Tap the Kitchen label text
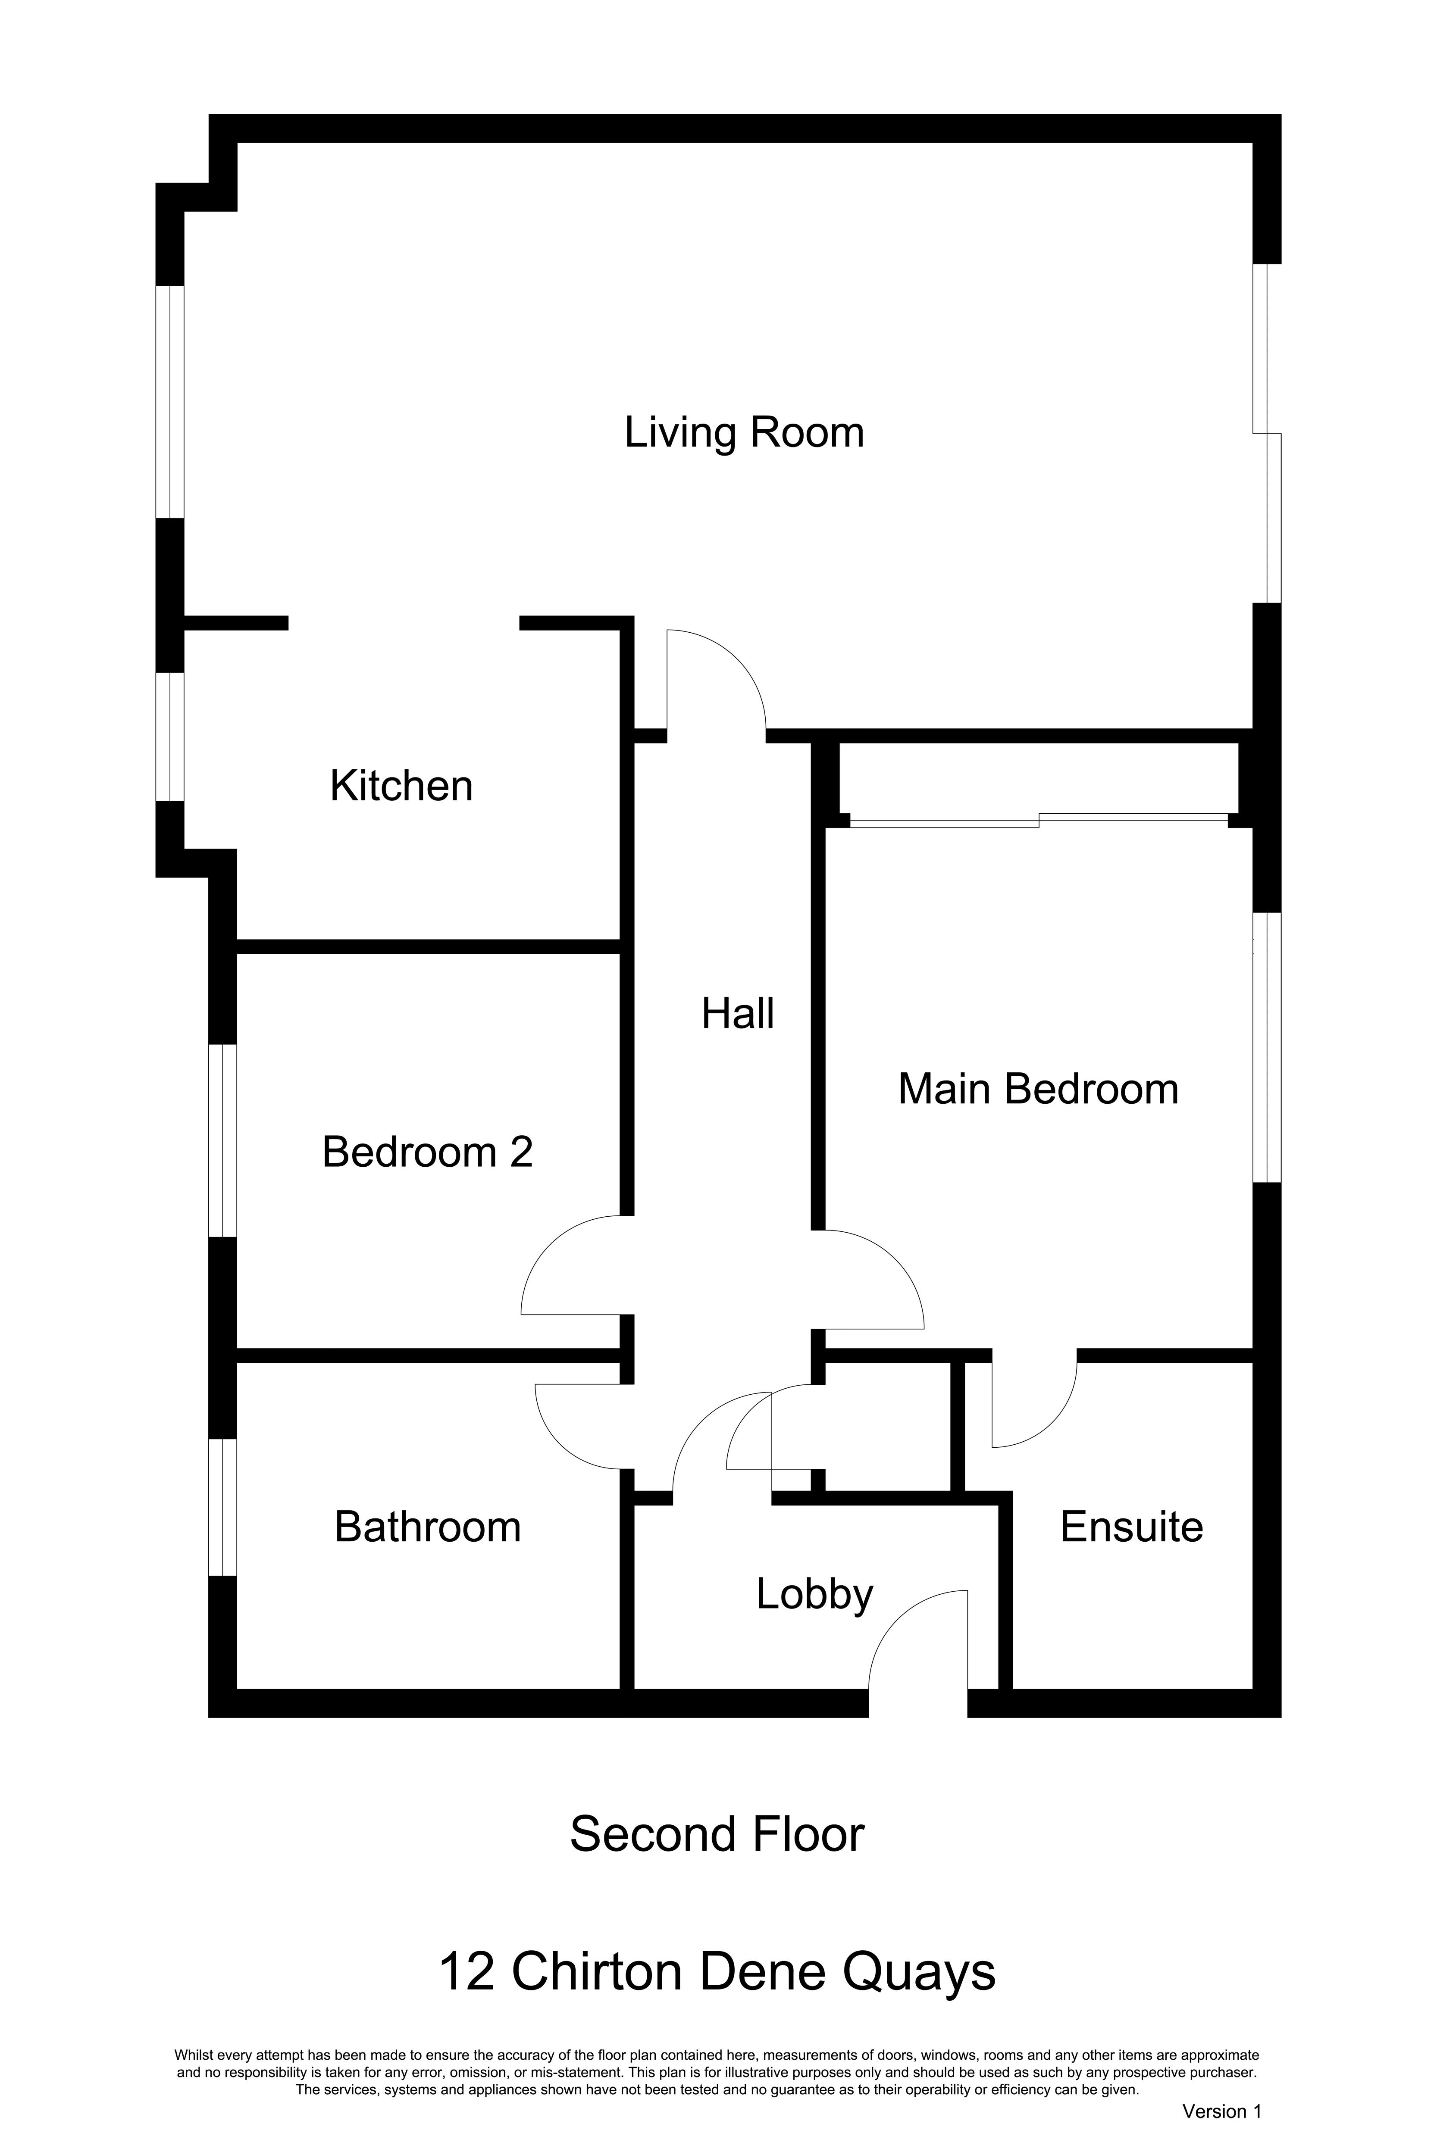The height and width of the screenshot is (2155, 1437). (x=401, y=786)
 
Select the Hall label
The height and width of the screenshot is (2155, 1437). (x=738, y=1013)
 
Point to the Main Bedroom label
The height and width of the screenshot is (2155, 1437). (x=1037, y=1090)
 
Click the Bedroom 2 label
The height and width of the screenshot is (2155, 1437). (x=427, y=1152)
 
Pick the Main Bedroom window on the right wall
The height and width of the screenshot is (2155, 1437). (x=1267, y=1047)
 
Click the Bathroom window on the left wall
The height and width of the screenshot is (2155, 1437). (x=223, y=1507)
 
